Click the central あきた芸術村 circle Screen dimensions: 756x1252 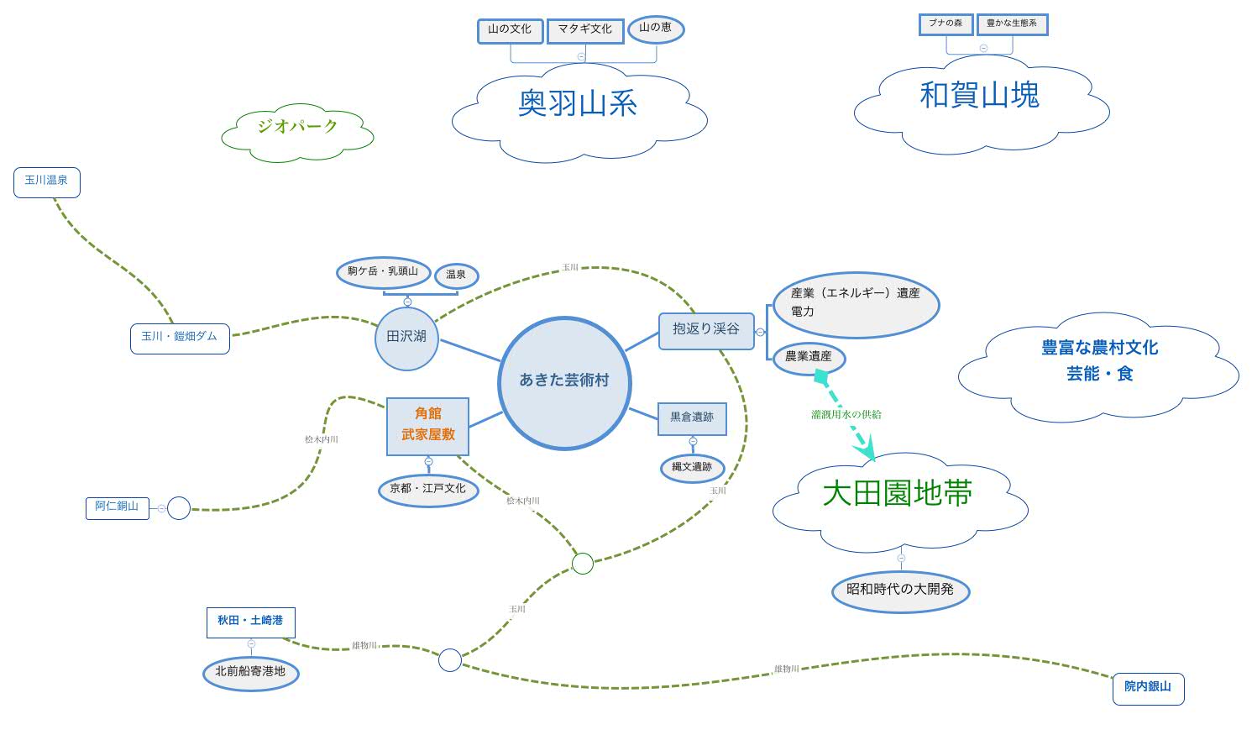coord(563,382)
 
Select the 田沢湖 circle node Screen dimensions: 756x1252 coord(406,338)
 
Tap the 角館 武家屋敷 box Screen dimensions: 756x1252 coord(427,426)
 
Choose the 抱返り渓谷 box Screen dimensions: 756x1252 coord(706,330)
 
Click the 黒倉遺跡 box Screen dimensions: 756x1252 coord(692,417)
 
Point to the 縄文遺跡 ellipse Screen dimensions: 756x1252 coord(692,468)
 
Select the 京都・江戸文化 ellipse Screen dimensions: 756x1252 coord(428,490)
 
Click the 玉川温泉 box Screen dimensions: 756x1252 coord(47,181)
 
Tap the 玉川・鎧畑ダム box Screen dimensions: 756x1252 coord(180,338)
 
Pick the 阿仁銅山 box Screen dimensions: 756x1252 coord(117,507)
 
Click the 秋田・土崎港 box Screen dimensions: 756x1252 coord(250,622)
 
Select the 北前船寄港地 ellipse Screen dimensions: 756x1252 coord(250,673)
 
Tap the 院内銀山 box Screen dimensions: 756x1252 coord(1148,688)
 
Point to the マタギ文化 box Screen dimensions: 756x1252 coord(585,30)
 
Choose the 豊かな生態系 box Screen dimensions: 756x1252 coord(1012,24)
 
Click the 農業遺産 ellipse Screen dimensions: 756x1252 coord(809,358)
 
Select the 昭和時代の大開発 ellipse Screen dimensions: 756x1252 coord(900,591)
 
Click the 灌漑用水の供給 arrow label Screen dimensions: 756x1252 coord(846,415)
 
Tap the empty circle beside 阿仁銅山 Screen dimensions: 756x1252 coord(179,508)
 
